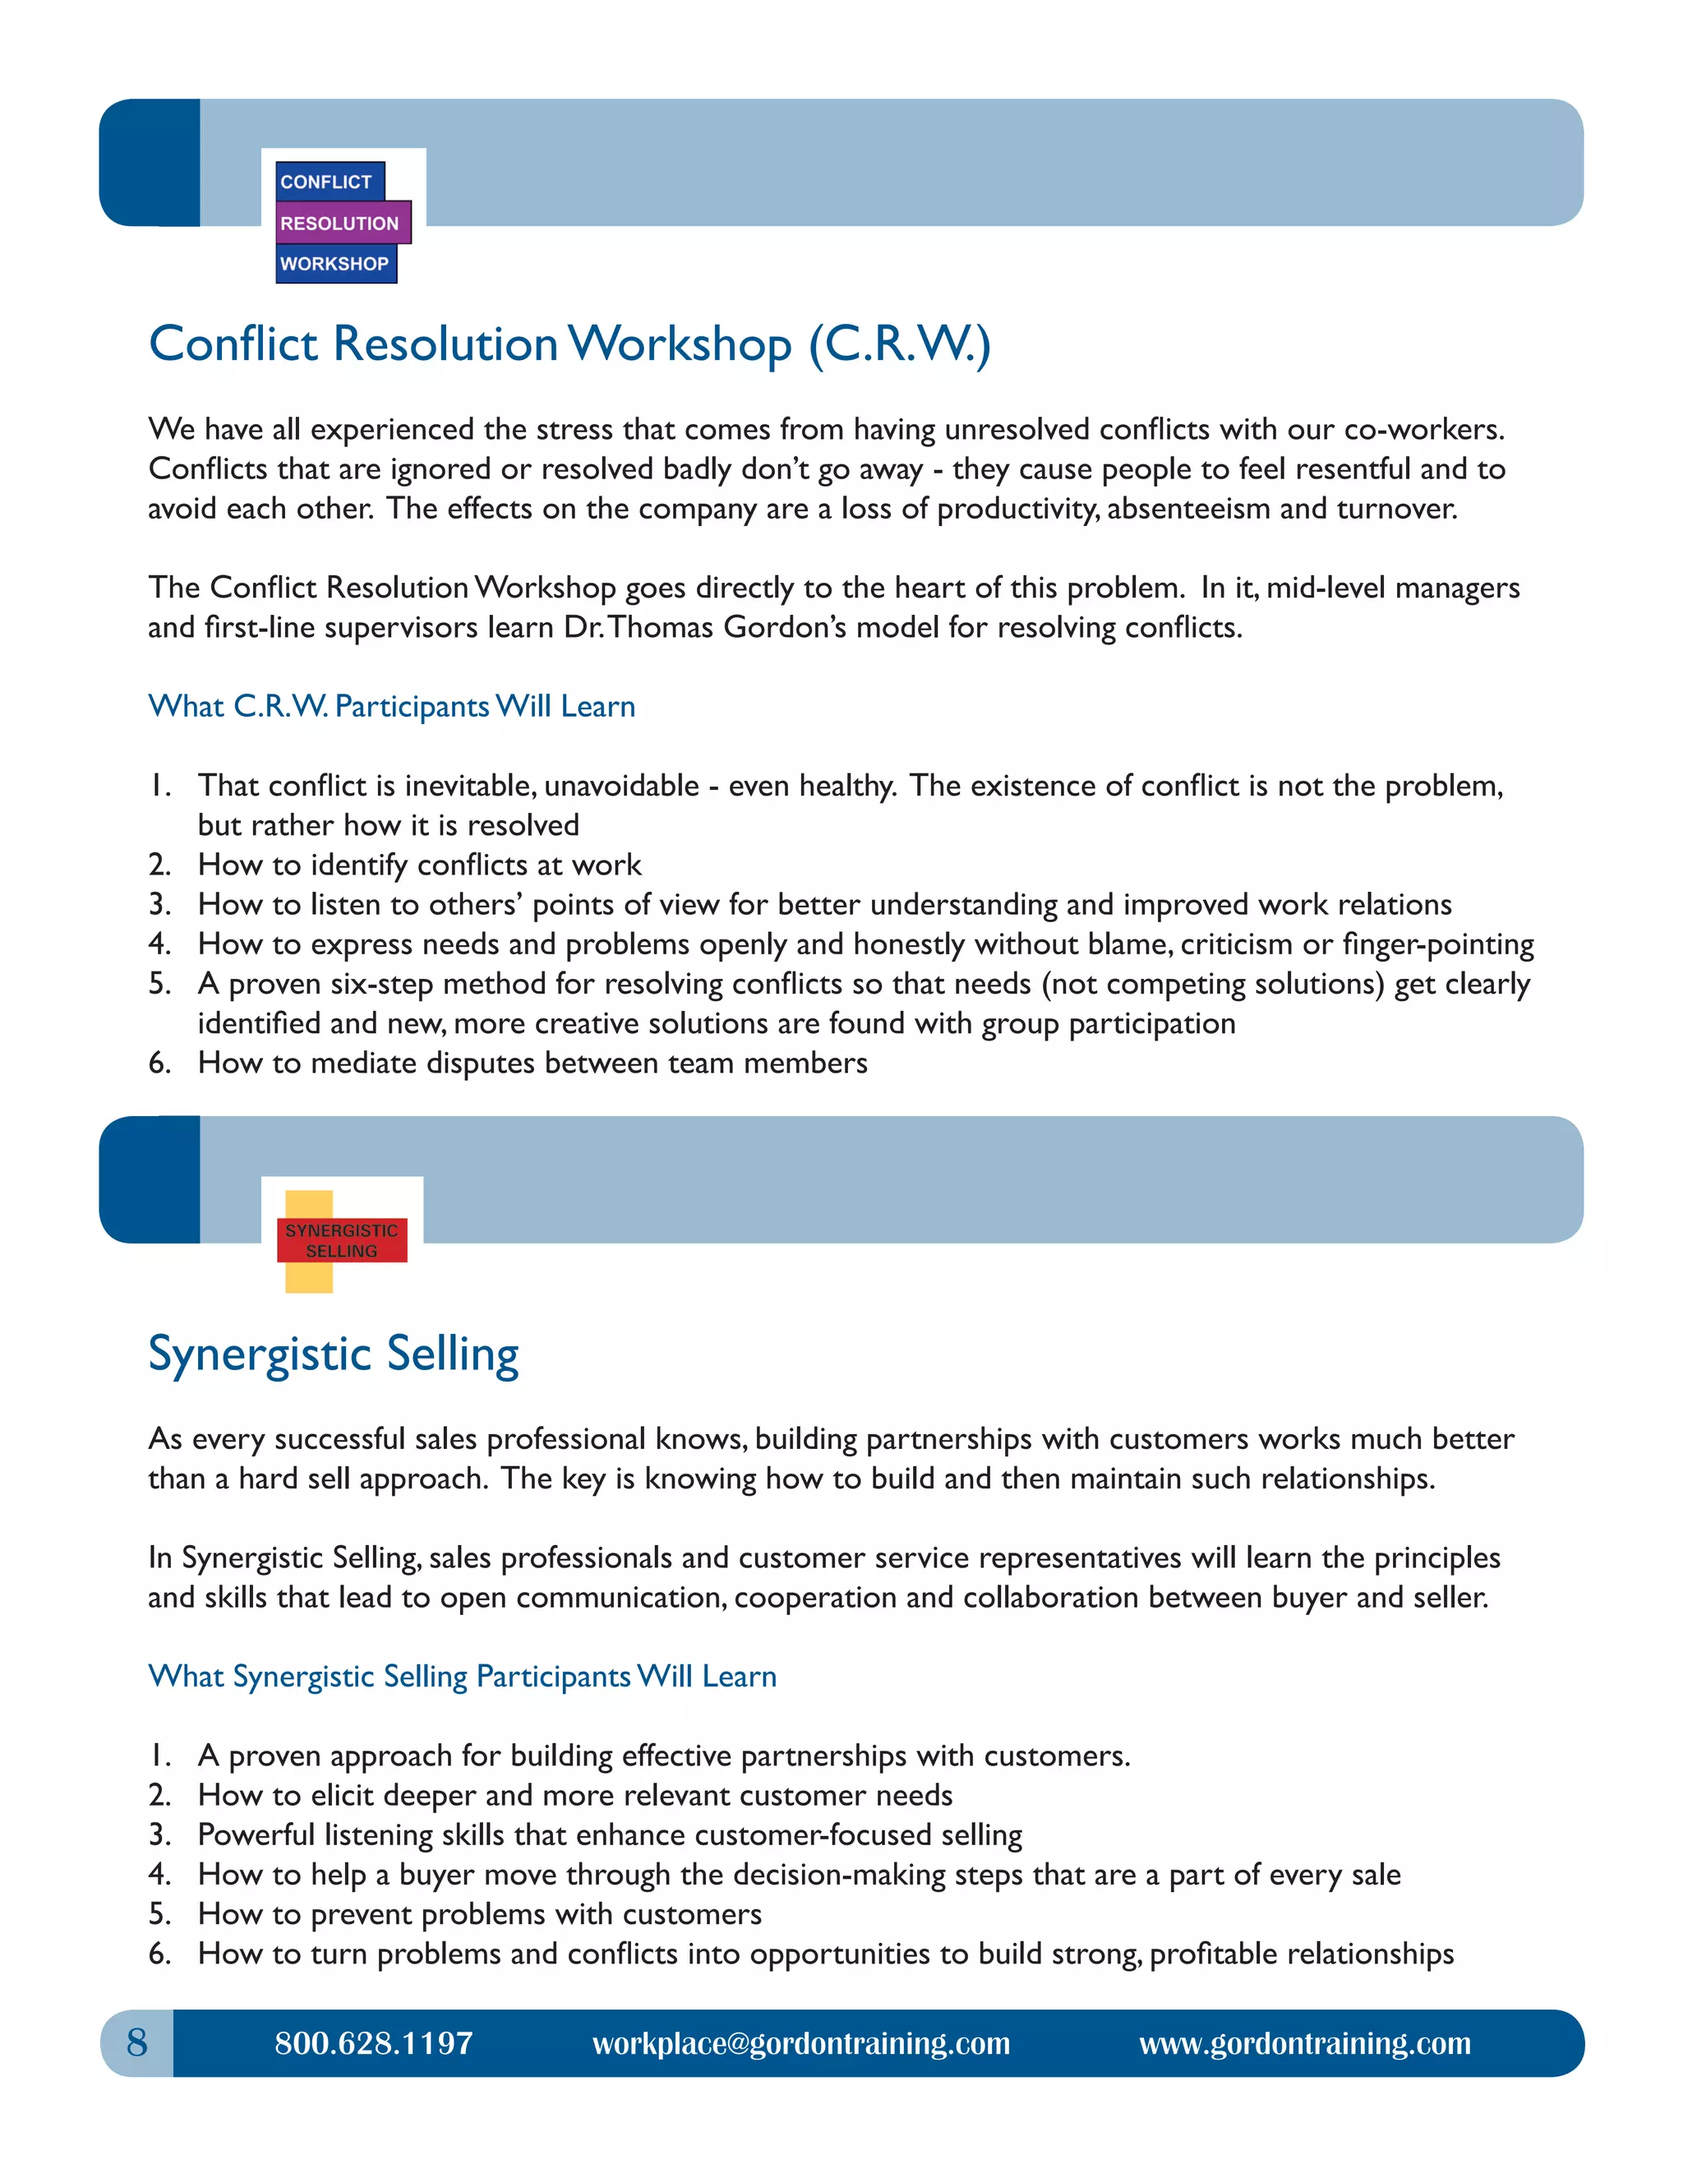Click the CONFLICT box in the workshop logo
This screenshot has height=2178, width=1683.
point(328,182)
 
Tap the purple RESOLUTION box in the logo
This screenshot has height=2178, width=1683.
point(341,224)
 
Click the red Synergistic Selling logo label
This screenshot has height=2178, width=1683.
point(342,1240)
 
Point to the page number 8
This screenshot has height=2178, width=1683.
point(136,2043)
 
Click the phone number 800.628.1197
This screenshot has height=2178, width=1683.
point(374,2043)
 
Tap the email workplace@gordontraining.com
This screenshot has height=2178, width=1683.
point(800,2043)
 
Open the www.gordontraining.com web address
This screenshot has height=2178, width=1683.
point(1304,2043)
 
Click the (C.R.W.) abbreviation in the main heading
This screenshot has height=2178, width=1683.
point(899,344)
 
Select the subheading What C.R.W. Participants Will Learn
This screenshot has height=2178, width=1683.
point(392,706)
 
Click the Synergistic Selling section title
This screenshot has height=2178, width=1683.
point(333,1354)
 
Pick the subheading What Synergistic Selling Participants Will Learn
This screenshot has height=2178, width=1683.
point(462,1677)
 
